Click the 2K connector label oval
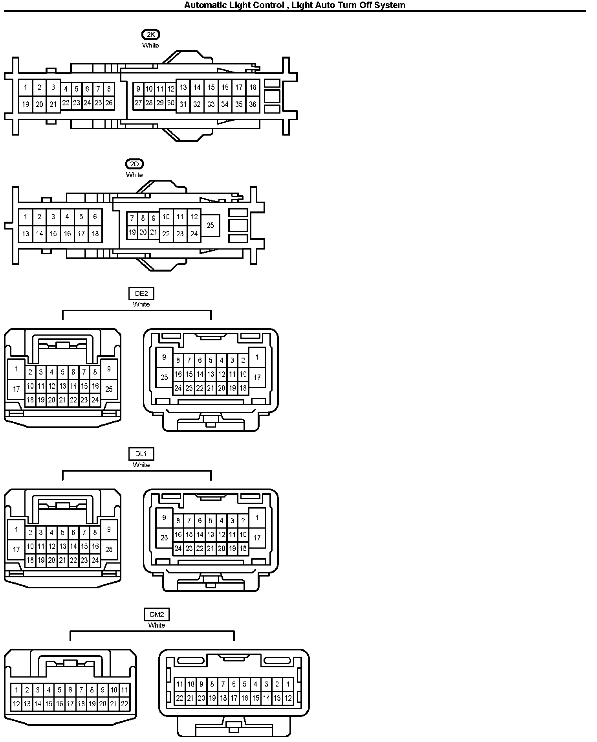pos(151,35)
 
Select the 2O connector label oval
pos(134,164)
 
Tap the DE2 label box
pos(141,293)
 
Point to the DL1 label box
pos(141,454)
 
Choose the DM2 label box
pos(157,614)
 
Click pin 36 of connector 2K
pos(253,104)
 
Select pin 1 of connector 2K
pos(26,88)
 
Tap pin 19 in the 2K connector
pos(26,105)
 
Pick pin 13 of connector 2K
pos(183,87)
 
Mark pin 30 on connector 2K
pos(170,103)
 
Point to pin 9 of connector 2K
pos(138,89)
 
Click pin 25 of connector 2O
pos(210,225)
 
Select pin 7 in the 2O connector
pos(132,219)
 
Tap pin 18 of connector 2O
pos(95,234)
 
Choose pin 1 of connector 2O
pos(26,217)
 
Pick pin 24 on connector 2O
pos(194,234)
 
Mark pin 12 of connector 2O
pos(194,217)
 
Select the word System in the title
pos(390,5)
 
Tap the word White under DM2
pos(157,625)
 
